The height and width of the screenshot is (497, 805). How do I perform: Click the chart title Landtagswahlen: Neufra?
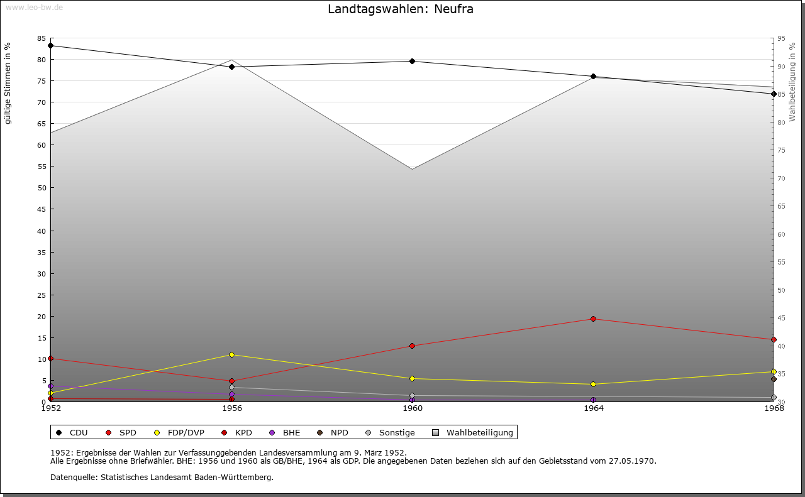click(x=401, y=9)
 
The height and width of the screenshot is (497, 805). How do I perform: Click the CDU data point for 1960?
click(x=412, y=61)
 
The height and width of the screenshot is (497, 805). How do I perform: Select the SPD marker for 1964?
click(x=593, y=319)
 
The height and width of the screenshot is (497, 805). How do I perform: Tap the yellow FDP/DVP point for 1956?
click(x=231, y=354)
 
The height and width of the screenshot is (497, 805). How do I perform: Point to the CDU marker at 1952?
click(x=51, y=45)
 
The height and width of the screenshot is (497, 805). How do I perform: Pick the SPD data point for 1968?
click(x=774, y=339)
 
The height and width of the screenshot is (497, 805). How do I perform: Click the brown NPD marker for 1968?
click(x=774, y=379)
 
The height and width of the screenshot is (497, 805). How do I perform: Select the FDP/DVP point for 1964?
click(x=593, y=384)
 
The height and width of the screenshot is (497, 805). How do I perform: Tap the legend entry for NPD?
click(x=339, y=432)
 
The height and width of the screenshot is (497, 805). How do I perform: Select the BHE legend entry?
click(x=291, y=432)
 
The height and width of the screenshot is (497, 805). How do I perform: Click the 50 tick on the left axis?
click(x=42, y=188)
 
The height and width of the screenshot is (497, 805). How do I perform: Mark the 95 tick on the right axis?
click(x=781, y=38)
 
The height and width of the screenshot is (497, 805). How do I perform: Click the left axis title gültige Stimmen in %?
click(x=8, y=83)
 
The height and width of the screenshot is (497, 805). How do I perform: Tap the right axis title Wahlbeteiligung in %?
click(x=792, y=82)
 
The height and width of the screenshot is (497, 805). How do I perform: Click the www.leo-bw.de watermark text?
click(x=33, y=6)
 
